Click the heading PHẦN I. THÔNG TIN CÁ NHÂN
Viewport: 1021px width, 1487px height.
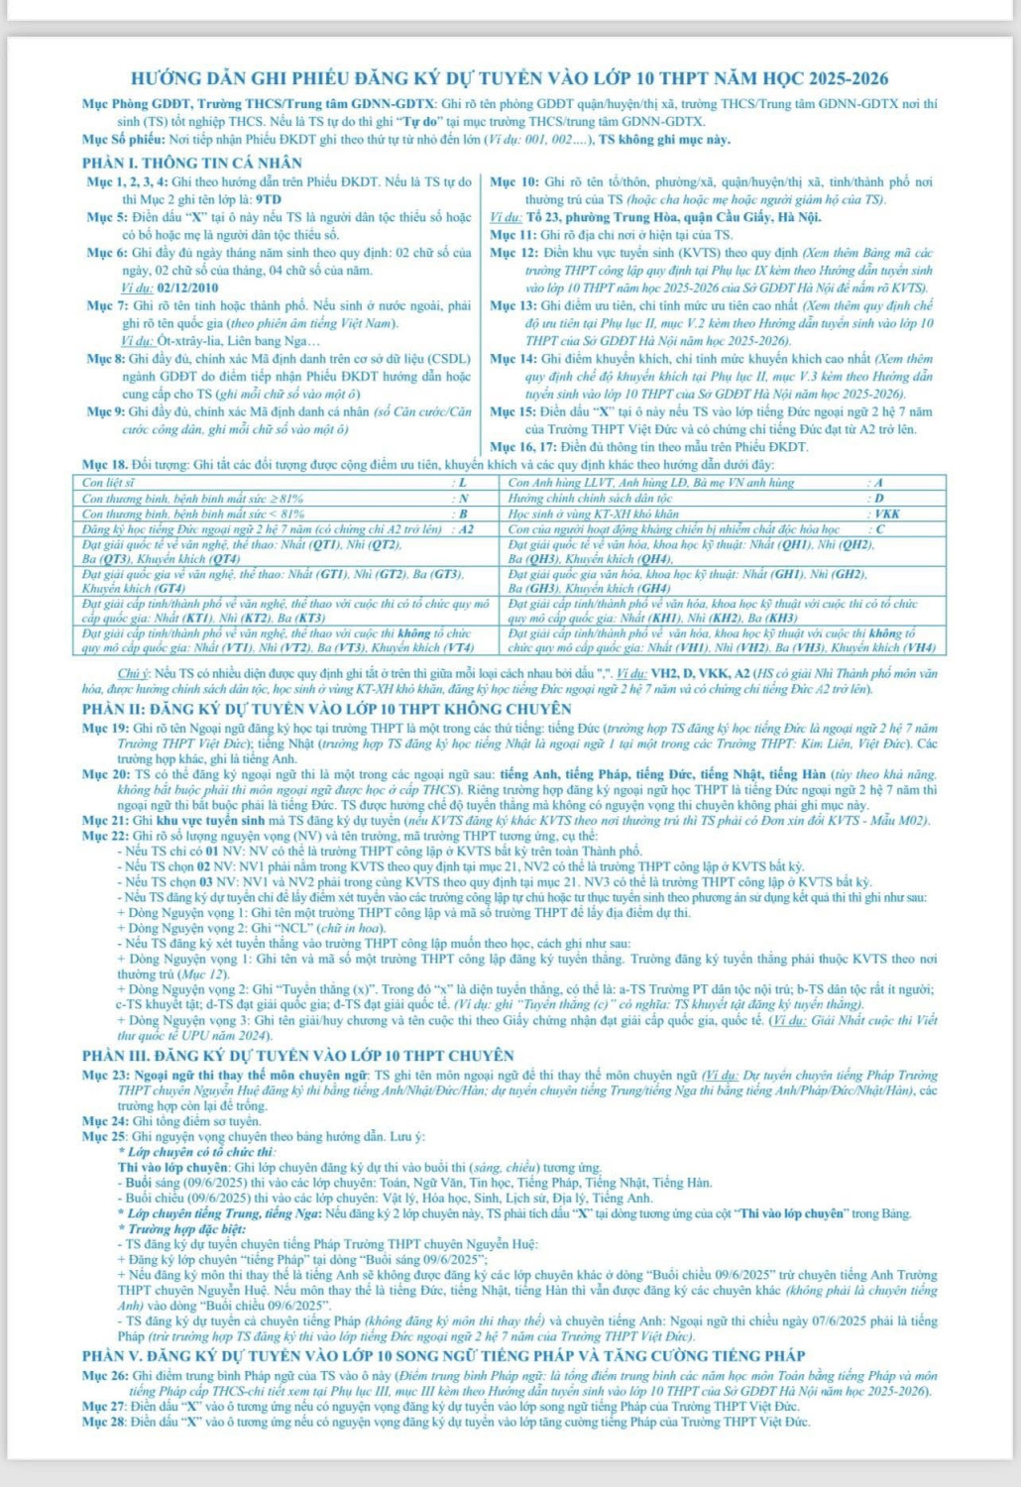coord(192,163)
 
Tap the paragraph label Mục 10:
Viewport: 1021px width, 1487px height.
coord(514,182)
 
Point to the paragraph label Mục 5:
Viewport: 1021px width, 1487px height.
coord(109,217)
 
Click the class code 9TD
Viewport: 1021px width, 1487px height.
coord(268,199)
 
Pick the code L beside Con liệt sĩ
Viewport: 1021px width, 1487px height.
coord(463,483)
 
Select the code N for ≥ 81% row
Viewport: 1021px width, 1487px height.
coord(463,499)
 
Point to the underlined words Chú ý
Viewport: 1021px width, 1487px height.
coord(137,673)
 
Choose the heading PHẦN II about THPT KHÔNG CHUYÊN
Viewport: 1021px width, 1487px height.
coord(327,709)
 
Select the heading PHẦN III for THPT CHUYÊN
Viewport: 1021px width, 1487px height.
coord(298,1055)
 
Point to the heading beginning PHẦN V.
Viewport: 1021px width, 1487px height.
coord(443,1355)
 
